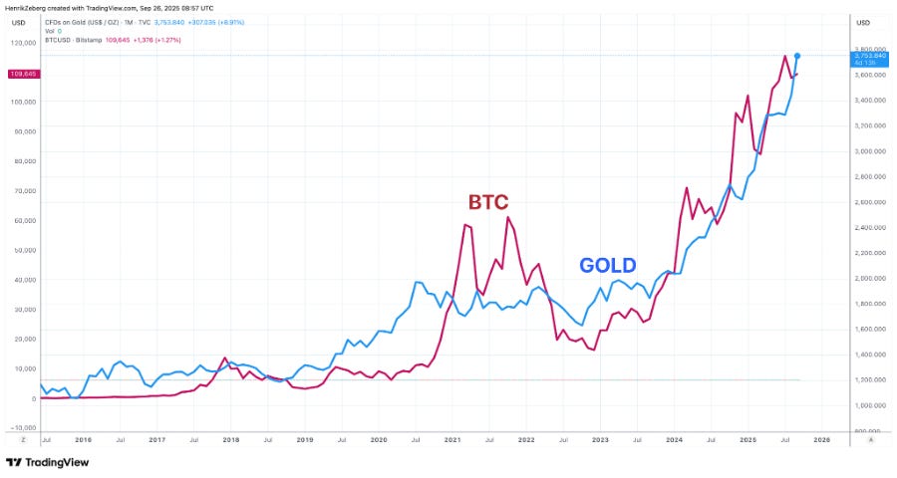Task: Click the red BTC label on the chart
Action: click(x=487, y=202)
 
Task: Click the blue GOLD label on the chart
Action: click(x=608, y=265)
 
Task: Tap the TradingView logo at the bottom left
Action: click(x=47, y=462)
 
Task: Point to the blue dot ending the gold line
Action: click(x=797, y=56)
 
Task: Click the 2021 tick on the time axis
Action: click(x=451, y=438)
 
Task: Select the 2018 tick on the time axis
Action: click(x=230, y=438)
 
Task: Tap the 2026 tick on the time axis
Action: click(x=821, y=438)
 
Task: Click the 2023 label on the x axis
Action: click(x=600, y=438)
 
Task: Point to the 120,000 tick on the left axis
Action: click(x=23, y=43)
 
